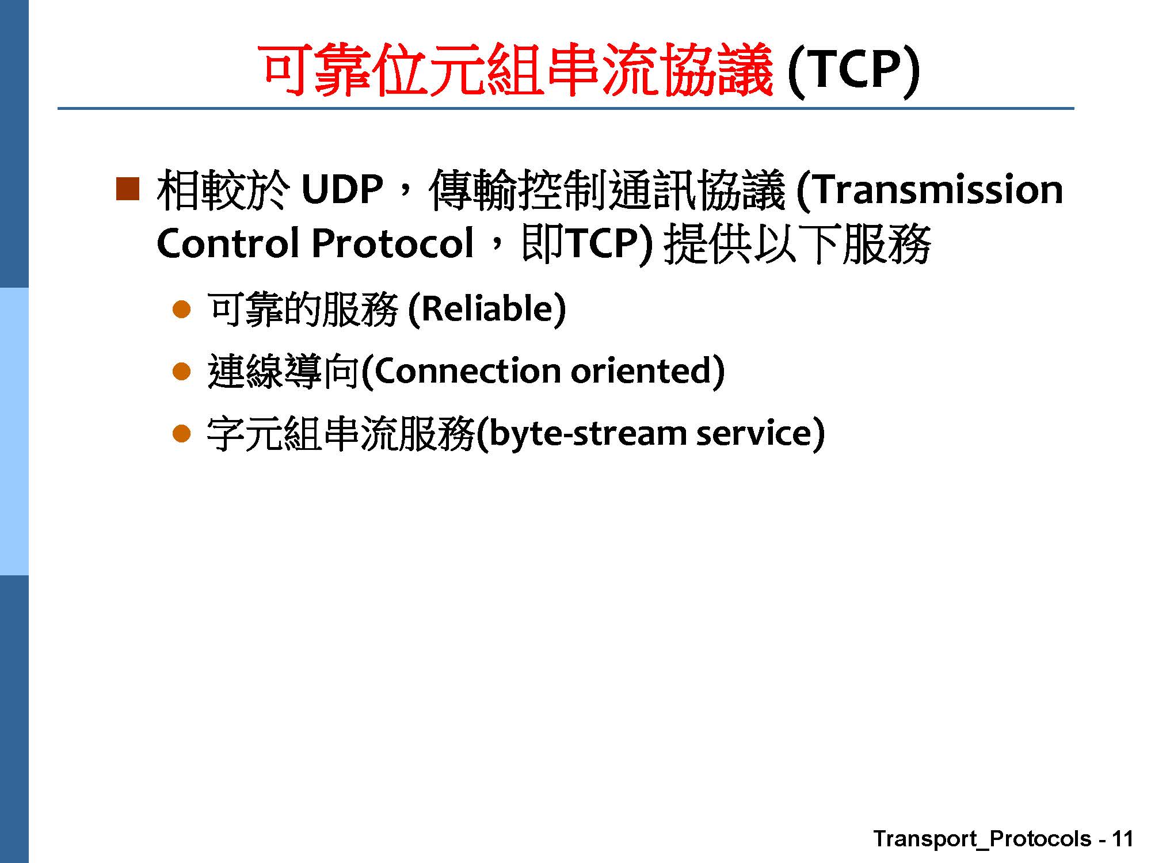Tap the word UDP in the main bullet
(x=342, y=190)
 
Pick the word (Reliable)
(x=487, y=309)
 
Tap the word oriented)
(x=648, y=371)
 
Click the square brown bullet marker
(x=128, y=189)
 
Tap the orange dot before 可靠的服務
(x=181, y=310)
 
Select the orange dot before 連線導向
(x=181, y=372)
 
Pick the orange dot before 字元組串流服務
(x=181, y=433)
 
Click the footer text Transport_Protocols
(x=982, y=839)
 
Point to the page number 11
(x=1123, y=839)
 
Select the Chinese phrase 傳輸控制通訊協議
(x=607, y=190)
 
